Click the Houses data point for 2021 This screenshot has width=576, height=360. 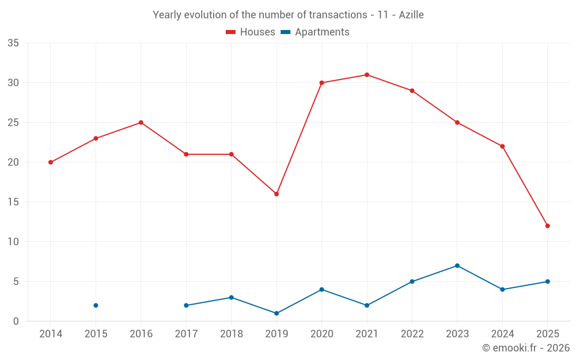(367, 75)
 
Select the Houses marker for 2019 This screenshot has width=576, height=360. (276, 194)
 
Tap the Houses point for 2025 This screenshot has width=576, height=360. (547, 226)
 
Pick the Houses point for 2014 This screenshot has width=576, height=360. (51, 162)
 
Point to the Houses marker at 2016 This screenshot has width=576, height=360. (141, 123)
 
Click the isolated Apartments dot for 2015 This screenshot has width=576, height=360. (96, 305)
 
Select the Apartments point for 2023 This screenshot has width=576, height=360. (457, 266)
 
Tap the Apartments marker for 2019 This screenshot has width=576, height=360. (276, 313)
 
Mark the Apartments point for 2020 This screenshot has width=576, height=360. (321, 290)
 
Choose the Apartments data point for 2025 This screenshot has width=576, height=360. (547, 282)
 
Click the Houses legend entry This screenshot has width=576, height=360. (251, 32)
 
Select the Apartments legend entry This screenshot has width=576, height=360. (315, 32)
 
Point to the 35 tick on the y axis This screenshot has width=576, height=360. (13, 43)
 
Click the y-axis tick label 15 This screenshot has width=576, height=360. (13, 202)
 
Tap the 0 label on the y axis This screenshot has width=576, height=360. (16, 321)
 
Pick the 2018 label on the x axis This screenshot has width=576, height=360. (232, 334)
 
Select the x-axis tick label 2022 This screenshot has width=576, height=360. (412, 334)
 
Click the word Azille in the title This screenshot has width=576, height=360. (411, 15)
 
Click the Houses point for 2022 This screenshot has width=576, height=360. (412, 91)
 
